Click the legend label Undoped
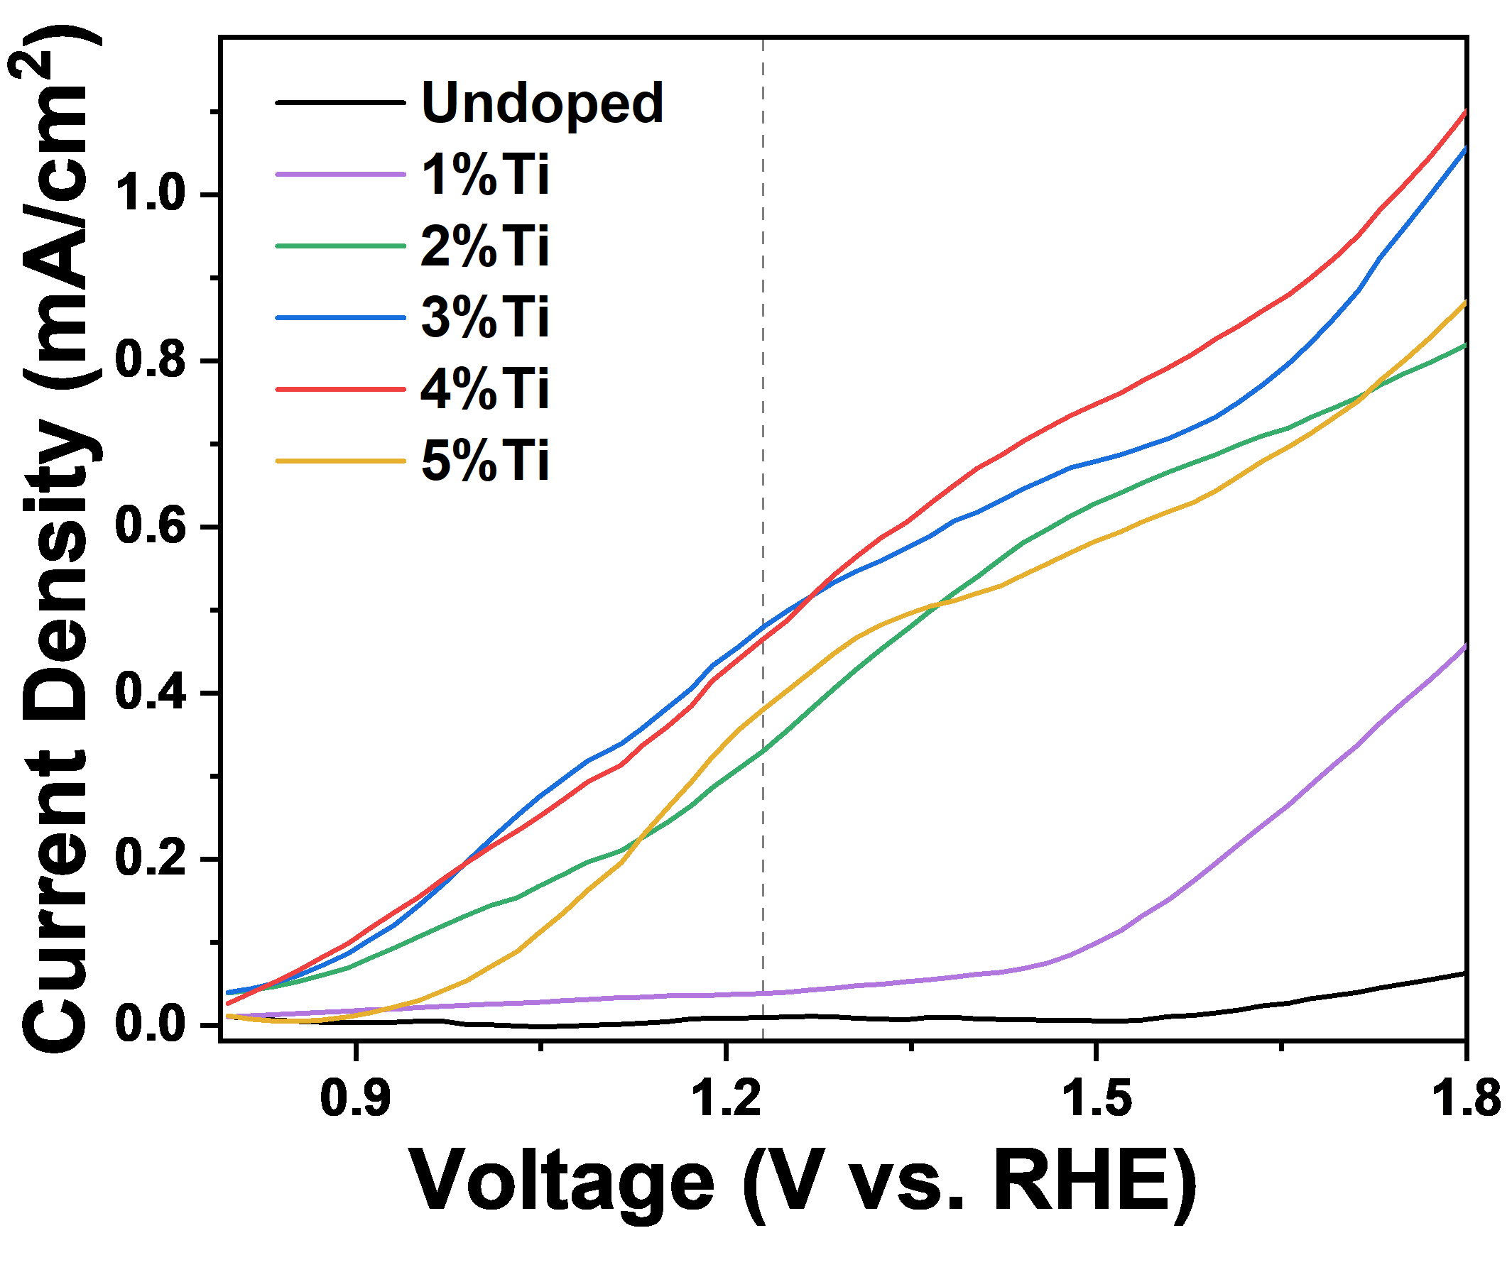point(542,104)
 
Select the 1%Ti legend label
point(484,175)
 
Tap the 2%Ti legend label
point(484,246)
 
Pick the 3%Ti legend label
point(484,317)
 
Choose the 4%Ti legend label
point(484,389)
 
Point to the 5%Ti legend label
point(484,461)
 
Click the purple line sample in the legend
point(340,175)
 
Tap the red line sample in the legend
point(340,389)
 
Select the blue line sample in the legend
point(340,317)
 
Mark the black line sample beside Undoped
point(340,103)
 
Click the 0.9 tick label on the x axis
point(356,1097)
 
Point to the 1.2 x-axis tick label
point(727,1097)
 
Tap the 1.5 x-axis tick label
point(1098,1097)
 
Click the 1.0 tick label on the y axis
point(151,192)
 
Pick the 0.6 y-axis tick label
point(151,524)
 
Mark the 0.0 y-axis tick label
point(151,1022)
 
